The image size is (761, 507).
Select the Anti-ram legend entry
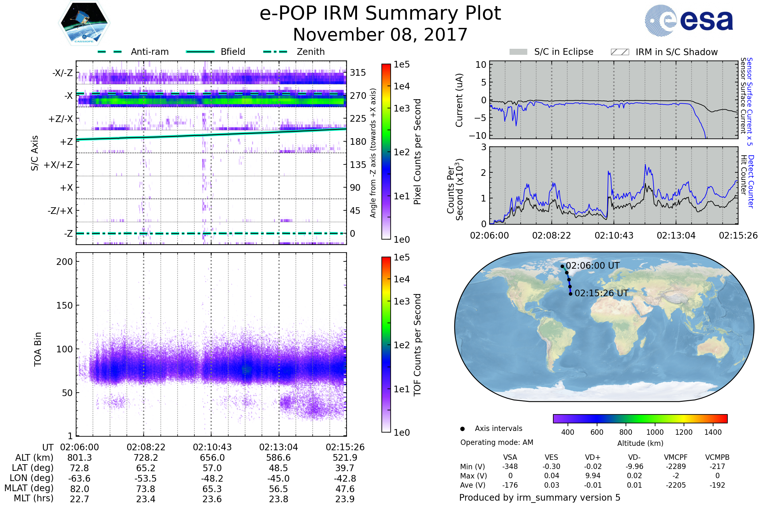133,52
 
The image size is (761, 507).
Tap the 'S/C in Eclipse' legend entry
551,52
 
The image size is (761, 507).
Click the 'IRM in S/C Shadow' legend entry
664,52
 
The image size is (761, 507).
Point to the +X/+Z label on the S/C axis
58,165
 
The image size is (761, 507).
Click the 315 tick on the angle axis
358,73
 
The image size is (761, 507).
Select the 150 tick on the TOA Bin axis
64,305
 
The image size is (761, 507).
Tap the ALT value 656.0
212,458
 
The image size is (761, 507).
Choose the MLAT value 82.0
80,489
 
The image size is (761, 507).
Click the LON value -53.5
146,478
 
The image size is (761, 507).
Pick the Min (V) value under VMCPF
676,466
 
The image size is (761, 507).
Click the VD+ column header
593,458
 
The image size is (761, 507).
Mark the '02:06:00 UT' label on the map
592,266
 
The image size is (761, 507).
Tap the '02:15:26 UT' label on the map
601,293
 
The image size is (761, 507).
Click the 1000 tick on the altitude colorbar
655,432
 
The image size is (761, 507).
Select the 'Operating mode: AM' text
497,442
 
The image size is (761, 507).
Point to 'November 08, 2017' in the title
380,35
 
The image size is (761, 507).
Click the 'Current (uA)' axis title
459,100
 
